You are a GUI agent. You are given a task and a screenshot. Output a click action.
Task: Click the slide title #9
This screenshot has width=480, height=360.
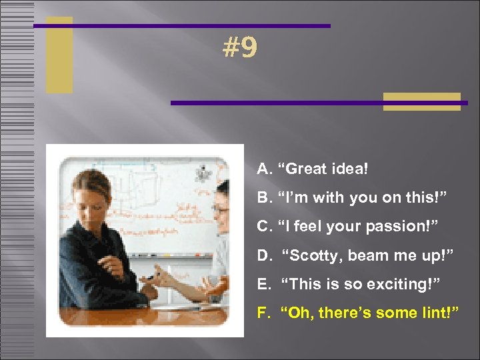point(240,48)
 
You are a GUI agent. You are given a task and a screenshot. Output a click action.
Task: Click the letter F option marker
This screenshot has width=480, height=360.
point(263,312)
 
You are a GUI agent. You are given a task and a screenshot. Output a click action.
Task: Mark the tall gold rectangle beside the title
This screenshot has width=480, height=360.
point(59,55)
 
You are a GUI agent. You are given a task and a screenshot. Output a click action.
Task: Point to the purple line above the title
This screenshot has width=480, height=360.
point(181,26)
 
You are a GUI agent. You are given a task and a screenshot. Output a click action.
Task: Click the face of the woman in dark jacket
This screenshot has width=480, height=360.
point(93,193)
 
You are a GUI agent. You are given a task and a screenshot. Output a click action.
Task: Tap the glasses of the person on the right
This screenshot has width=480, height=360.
point(220,210)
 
